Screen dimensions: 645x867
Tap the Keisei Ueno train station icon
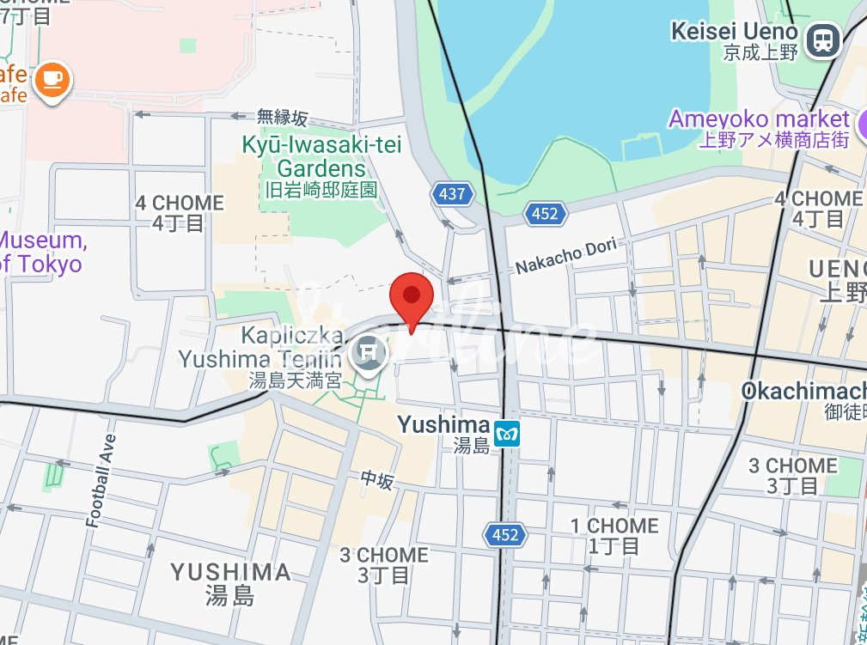tap(824, 40)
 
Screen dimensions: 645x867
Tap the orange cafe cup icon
tap(53, 80)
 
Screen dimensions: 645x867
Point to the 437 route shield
tap(452, 194)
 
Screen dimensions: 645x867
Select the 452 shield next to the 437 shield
tap(545, 214)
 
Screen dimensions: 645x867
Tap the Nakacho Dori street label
tap(566, 256)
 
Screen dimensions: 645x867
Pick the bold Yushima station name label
tap(443, 424)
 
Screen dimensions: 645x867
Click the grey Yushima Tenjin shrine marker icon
tap(370, 351)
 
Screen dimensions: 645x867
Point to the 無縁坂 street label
tap(282, 118)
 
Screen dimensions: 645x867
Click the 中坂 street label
tap(376, 481)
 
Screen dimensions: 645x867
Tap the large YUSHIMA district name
tap(230, 573)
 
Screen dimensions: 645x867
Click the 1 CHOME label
tap(616, 526)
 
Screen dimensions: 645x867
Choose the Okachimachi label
tap(803, 391)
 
